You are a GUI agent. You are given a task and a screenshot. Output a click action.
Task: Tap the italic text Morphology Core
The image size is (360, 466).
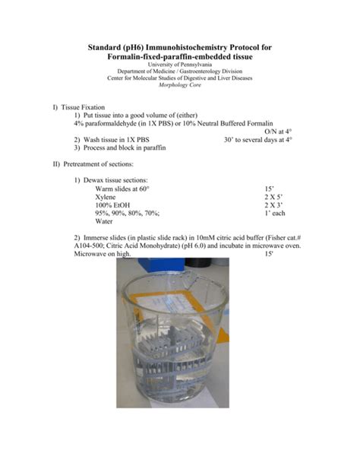tap(179, 86)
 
